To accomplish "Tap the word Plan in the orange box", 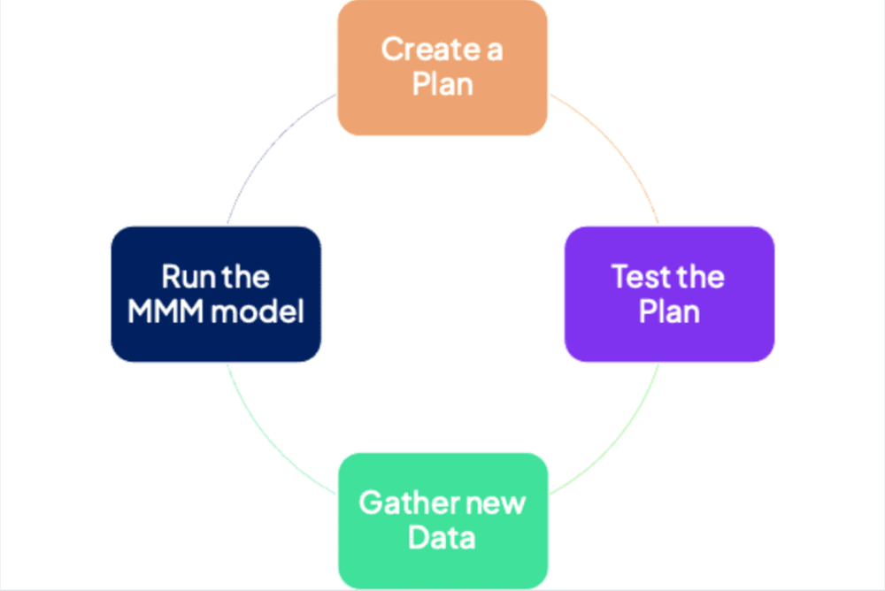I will pyautogui.click(x=442, y=85).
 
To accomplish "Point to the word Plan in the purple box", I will pyautogui.click(x=669, y=311).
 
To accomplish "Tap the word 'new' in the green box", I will pyautogui.click(x=496, y=503).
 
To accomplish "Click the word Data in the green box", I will pyautogui.click(x=442, y=538).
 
